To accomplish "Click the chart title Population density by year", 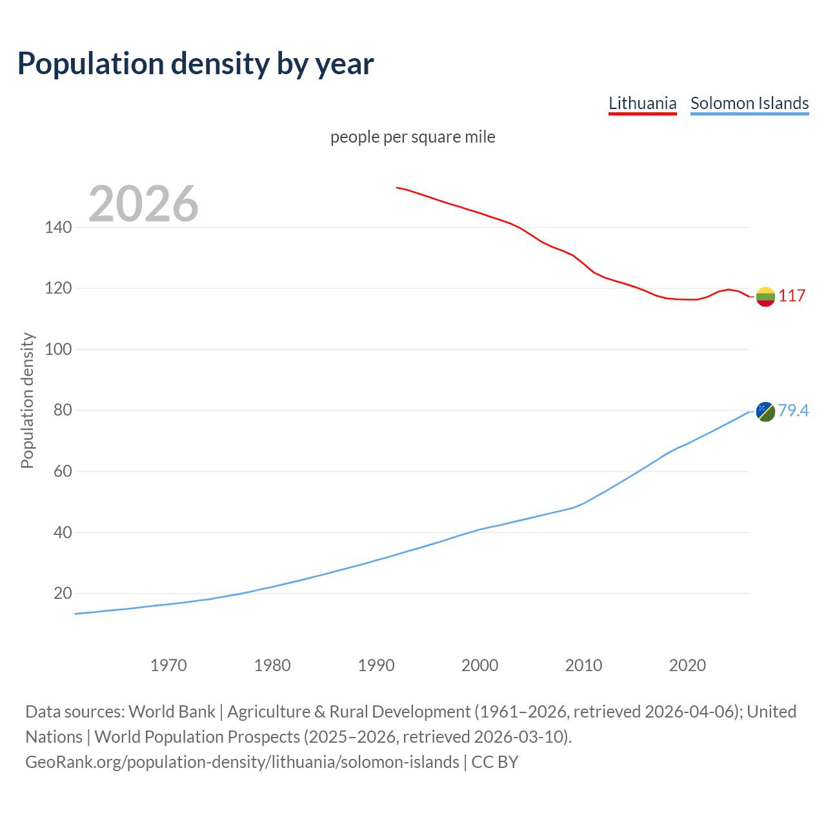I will [196, 63].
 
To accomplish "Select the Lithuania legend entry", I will [642, 103].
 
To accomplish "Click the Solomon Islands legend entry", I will [749, 103].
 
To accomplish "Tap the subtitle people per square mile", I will [412, 137].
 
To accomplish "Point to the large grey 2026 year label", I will [143, 204].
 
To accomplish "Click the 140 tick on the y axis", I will [58, 227].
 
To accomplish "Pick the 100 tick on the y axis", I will [58, 349].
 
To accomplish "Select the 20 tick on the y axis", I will [62, 593].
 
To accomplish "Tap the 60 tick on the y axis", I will [62, 471].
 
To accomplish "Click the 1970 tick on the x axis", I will [168, 665].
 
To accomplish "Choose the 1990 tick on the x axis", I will [376, 665].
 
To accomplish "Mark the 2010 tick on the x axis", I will [583, 665].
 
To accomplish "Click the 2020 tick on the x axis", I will [687, 665].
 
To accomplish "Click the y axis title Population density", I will [27, 400].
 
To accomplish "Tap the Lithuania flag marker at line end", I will [765, 296].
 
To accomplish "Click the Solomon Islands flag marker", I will [765, 411].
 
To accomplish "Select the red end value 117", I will [792, 296].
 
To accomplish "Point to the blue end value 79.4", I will [793, 410].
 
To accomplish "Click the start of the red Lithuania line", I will [398, 188].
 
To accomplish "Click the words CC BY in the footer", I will [495, 762].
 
